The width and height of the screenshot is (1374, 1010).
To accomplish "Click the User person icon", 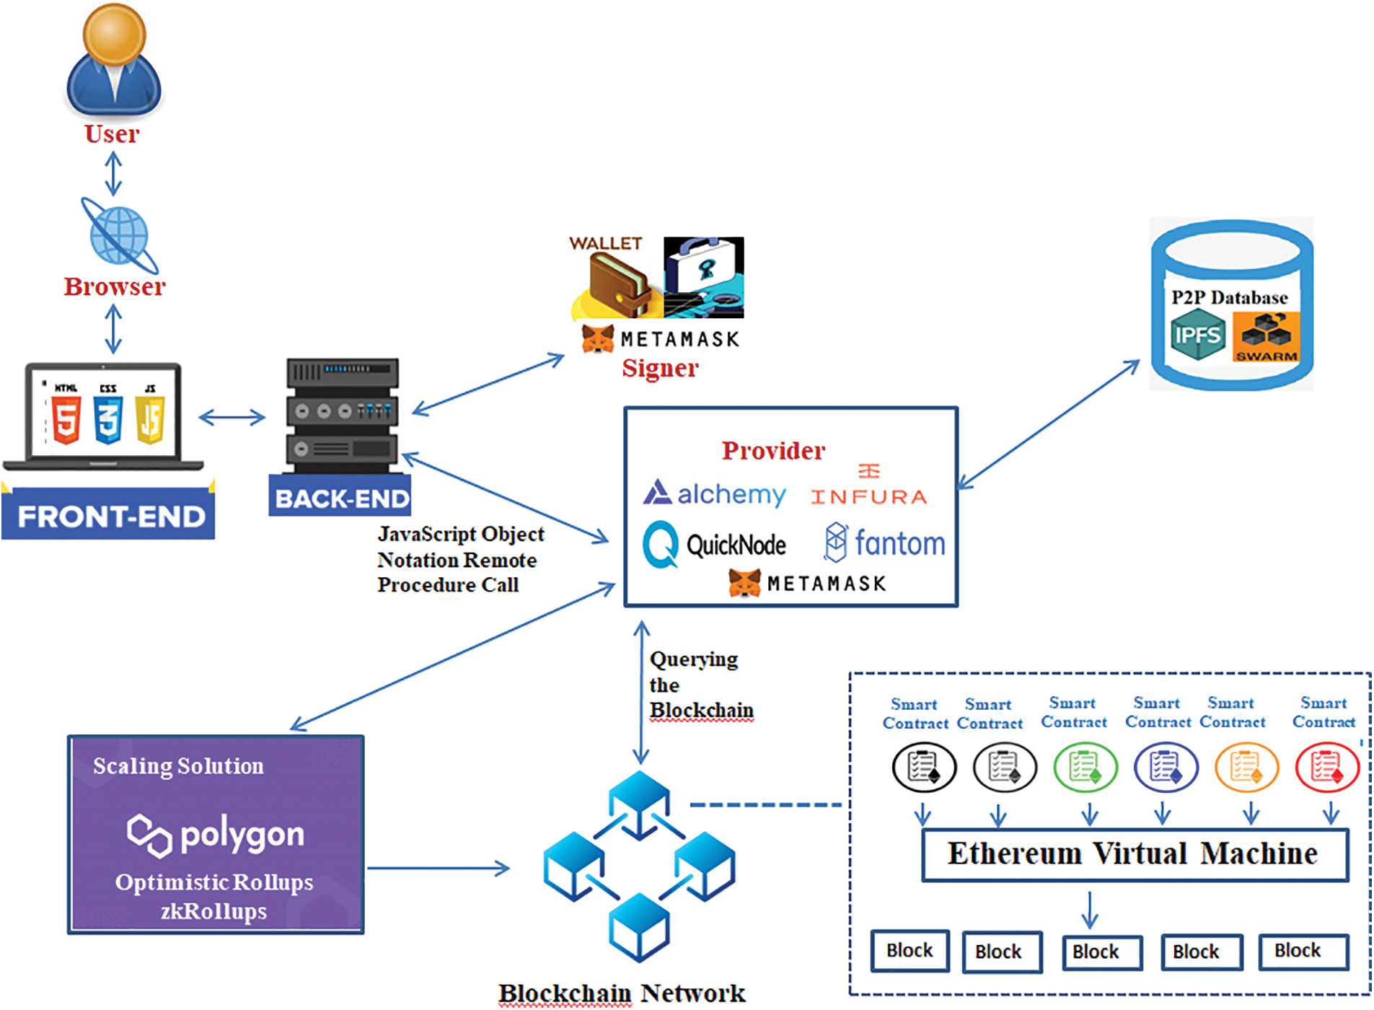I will tap(114, 61).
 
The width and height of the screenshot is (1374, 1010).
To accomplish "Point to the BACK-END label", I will tap(340, 498).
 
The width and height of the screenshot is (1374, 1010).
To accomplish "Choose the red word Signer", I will tap(660, 368).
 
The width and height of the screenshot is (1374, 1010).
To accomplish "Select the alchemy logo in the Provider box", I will tap(715, 493).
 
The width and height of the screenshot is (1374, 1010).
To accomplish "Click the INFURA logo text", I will tap(869, 496).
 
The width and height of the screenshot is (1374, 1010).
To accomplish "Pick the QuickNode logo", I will tap(715, 545).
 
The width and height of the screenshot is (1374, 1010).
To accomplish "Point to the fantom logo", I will tap(885, 543).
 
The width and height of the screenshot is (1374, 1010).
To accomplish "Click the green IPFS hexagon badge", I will tap(1197, 335).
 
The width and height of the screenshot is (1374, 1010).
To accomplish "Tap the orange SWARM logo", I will tap(1267, 336).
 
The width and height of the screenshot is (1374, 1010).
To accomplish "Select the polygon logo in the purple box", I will tap(216, 835).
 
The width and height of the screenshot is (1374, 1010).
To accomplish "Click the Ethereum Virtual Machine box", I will tap(1135, 854).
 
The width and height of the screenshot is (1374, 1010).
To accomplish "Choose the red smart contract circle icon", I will tap(1326, 767).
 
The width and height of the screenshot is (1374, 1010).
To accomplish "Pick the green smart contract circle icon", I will tap(1085, 767).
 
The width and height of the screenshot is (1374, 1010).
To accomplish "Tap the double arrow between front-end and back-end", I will tap(232, 417).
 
